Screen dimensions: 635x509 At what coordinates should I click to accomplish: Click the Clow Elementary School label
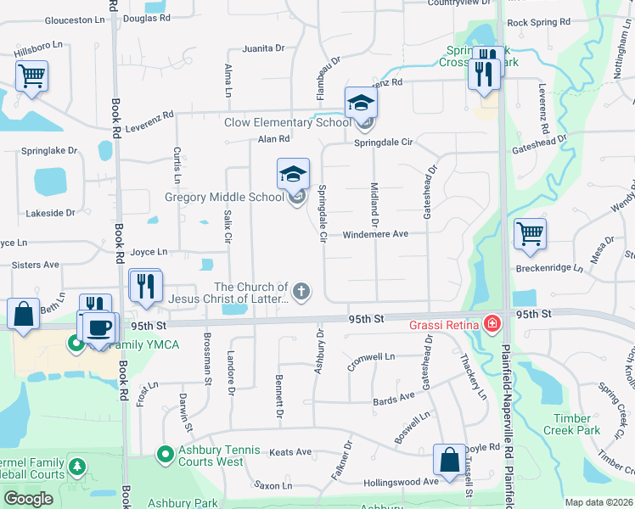click(x=287, y=122)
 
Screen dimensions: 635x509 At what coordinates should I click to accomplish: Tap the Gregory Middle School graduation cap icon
click(x=293, y=175)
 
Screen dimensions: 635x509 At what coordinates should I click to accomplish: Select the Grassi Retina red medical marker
click(x=491, y=323)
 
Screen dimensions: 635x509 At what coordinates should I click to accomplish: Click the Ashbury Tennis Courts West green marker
click(x=164, y=455)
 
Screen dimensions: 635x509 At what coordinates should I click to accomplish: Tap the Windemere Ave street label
click(x=376, y=234)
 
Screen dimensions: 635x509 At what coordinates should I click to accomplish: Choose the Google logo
click(x=28, y=499)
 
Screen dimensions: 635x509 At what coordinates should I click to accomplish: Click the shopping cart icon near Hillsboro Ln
click(x=31, y=76)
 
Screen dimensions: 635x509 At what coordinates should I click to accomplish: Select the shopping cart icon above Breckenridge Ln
click(x=530, y=233)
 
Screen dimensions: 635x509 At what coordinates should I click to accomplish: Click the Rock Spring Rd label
click(x=538, y=22)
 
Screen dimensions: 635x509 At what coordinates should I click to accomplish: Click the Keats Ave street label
click(x=290, y=452)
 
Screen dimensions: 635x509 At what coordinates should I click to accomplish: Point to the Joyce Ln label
click(x=149, y=252)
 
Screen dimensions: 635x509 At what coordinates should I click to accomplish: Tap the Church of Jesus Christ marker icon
click(x=302, y=292)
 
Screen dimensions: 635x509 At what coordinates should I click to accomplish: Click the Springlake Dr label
click(x=48, y=150)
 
